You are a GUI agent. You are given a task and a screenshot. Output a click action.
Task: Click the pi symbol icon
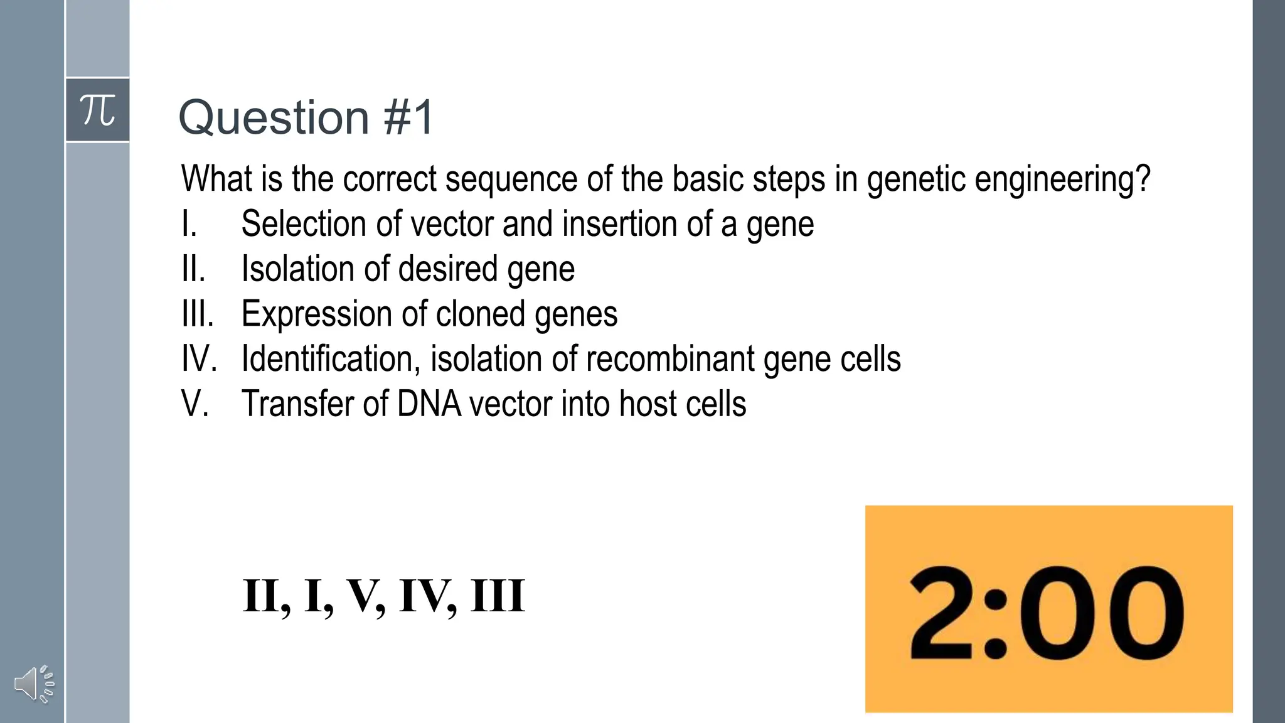[98, 110]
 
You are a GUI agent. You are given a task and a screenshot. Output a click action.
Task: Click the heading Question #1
[306, 117]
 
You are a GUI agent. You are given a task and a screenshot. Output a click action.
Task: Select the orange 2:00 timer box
[1048, 609]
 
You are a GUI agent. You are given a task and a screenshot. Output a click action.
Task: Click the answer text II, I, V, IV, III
[383, 596]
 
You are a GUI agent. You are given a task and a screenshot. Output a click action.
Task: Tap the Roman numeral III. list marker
[198, 314]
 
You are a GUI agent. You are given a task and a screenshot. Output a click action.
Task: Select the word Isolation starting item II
[298, 269]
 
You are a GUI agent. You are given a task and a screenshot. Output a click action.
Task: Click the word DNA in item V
[429, 404]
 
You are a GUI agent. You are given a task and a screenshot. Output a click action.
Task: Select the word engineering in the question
[1062, 179]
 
